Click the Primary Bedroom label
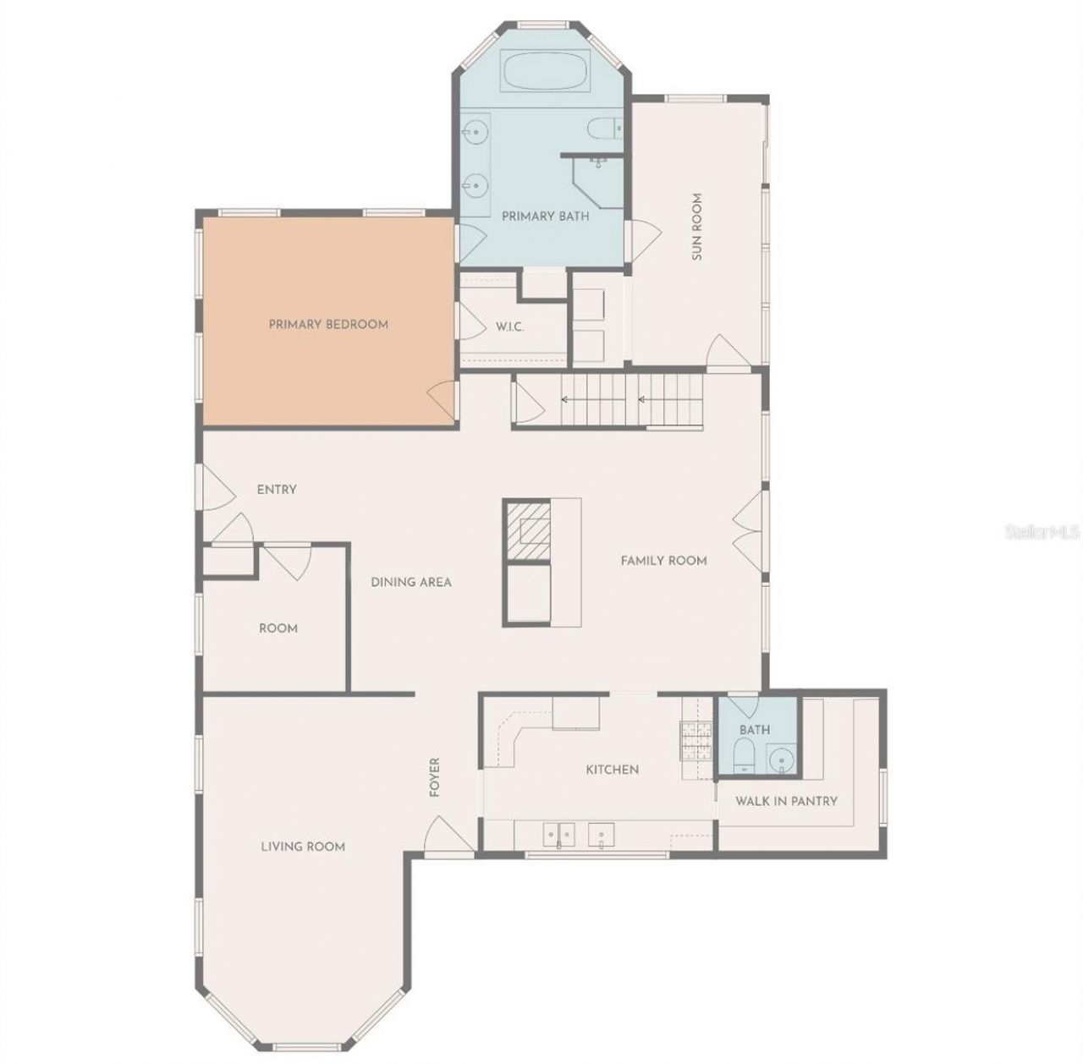coord(328,324)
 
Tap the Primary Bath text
coord(545,216)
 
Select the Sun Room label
coord(697,227)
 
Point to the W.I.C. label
coord(509,326)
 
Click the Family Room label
coord(663,560)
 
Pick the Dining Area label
coord(411,582)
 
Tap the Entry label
coord(277,490)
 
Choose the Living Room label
coord(303,846)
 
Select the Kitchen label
coord(613,770)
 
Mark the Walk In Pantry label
coord(786,800)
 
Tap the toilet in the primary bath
coord(604,129)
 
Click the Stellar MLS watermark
coord(1042,532)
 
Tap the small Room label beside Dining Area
coord(278,628)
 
